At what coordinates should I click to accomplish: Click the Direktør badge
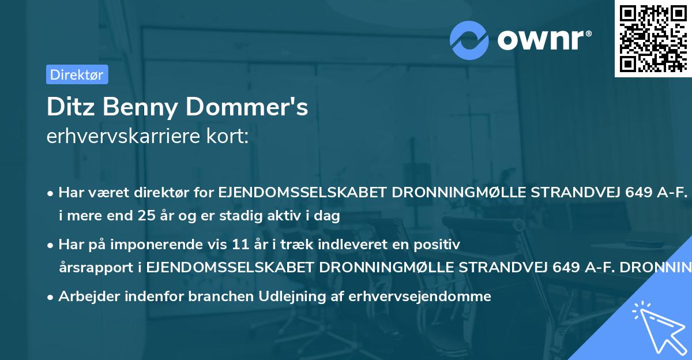click(x=77, y=74)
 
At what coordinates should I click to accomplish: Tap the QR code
click(x=653, y=38)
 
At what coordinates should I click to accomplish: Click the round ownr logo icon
click(x=469, y=40)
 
